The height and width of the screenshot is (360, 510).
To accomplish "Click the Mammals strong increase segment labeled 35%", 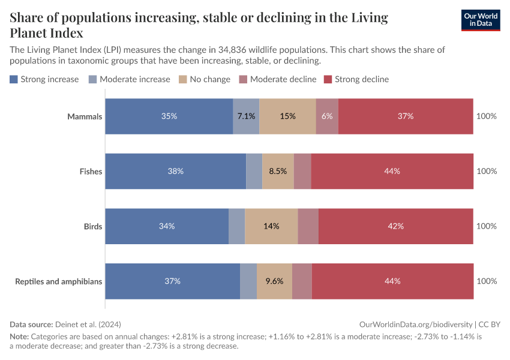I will [x=169, y=116].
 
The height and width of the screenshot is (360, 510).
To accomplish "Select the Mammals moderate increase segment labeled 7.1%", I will [x=246, y=116].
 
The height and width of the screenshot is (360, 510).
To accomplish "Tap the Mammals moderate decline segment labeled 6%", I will [x=327, y=116].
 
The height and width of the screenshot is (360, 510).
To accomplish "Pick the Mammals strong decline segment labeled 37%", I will [x=406, y=116].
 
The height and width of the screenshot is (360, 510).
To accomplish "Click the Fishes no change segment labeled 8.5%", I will [x=278, y=172].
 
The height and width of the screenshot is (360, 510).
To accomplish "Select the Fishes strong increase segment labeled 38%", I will [x=176, y=172].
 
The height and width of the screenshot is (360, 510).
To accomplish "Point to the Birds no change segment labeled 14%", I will [x=271, y=226].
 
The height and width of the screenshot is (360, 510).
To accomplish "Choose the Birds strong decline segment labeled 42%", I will [x=396, y=226].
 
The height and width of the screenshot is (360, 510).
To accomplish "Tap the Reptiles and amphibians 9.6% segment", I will [x=274, y=281].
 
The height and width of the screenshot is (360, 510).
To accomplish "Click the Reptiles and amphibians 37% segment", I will [x=173, y=281].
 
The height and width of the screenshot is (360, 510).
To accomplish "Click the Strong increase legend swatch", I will [x=14, y=79].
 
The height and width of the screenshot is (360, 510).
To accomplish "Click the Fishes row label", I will [x=91, y=172].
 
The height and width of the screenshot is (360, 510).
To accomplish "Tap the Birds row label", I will [x=93, y=226].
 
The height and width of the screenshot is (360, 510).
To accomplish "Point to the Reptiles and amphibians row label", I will [x=59, y=281].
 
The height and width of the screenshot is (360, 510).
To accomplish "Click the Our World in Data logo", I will [x=480, y=20].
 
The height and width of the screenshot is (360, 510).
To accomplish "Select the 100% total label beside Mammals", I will [x=486, y=116].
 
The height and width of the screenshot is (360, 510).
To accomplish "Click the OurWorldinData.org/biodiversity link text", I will [x=415, y=324].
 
